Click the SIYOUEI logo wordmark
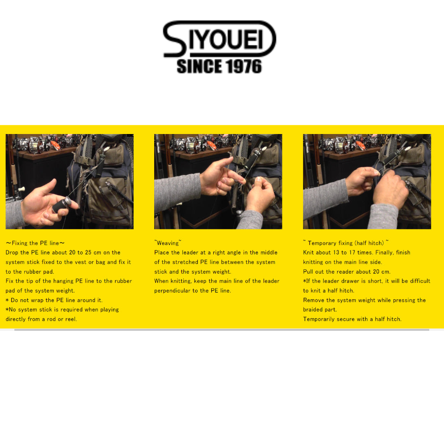(x=220, y=39)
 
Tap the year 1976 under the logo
(x=243, y=66)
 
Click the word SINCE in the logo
(x=199, y=66)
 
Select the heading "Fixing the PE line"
(x=35, y=243)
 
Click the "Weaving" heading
(x=168, y=243)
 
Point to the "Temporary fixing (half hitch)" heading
(x=346, y=243)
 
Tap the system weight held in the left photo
(x=62, y=205)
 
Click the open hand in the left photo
(x=49, y=203)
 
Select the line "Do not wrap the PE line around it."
(x=54, y=300)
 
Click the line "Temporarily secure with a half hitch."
(x=352, y=319)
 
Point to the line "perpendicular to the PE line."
(x=192, y=291)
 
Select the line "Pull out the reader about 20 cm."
(x=347, y=272)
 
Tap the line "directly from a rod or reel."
(x=42, y=319)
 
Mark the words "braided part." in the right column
(x=320, y=310)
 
